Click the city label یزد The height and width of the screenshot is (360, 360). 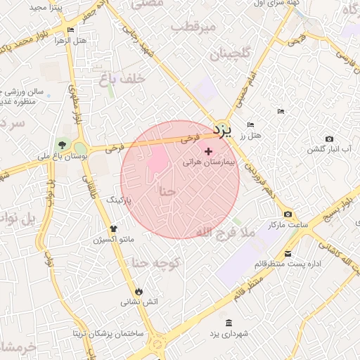pos(221,131)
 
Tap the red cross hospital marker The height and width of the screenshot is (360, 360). pos(207,150)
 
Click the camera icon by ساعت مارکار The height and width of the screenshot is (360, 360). pos(288,214)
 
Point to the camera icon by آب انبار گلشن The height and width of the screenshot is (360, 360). pos(329,139)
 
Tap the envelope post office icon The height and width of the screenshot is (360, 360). pos(288,254)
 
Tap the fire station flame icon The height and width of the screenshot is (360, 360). pos(139,291)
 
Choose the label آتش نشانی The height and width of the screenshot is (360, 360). pos(140,302)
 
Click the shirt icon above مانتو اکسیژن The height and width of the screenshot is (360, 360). pos(114,229)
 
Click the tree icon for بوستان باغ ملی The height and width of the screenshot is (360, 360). pos(63,146)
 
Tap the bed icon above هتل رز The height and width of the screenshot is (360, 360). pos(250,125)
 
